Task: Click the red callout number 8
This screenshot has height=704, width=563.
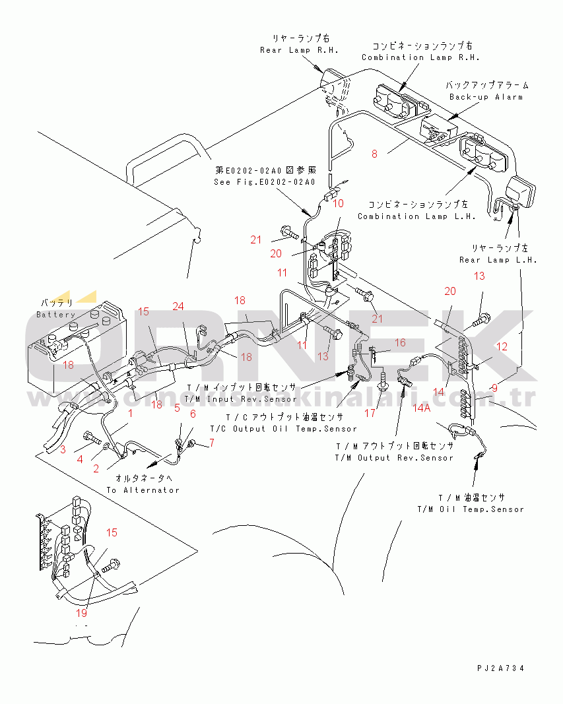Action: pyautogui.click(x=374, y=154)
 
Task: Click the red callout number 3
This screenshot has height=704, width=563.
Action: pyautogui.click(x=63, y=449)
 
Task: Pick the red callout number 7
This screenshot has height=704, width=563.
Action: pyautogui.click(x=212, y=443)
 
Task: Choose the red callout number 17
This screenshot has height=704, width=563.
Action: pyautogui.click(x=370, y=413)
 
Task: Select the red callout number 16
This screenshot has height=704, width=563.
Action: pyautogui.click(x=400, y=342)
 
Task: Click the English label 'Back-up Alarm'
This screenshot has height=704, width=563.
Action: pyautogui.click(x=486, y=97)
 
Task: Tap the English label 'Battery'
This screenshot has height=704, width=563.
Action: pyautogui.click(x=56, y=315)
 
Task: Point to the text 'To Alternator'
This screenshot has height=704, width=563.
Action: pyautogui.click(x=143, y=490)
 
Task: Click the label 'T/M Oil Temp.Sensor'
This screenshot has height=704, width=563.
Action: pyautogui.click(x=471, y=509)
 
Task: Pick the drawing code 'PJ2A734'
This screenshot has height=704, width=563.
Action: pyautogui.click(x=502, y=668)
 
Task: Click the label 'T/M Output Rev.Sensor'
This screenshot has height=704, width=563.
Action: pyautogui.click(x=394, y=457)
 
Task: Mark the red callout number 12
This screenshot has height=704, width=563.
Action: pyautogui.click(x=502, y=346)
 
